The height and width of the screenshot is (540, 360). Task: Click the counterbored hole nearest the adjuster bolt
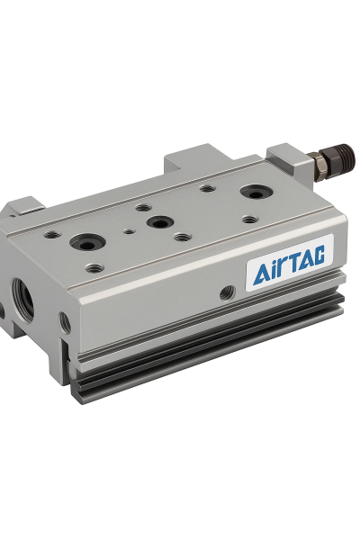point(256,193)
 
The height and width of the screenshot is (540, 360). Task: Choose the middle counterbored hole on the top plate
point(159,222)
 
